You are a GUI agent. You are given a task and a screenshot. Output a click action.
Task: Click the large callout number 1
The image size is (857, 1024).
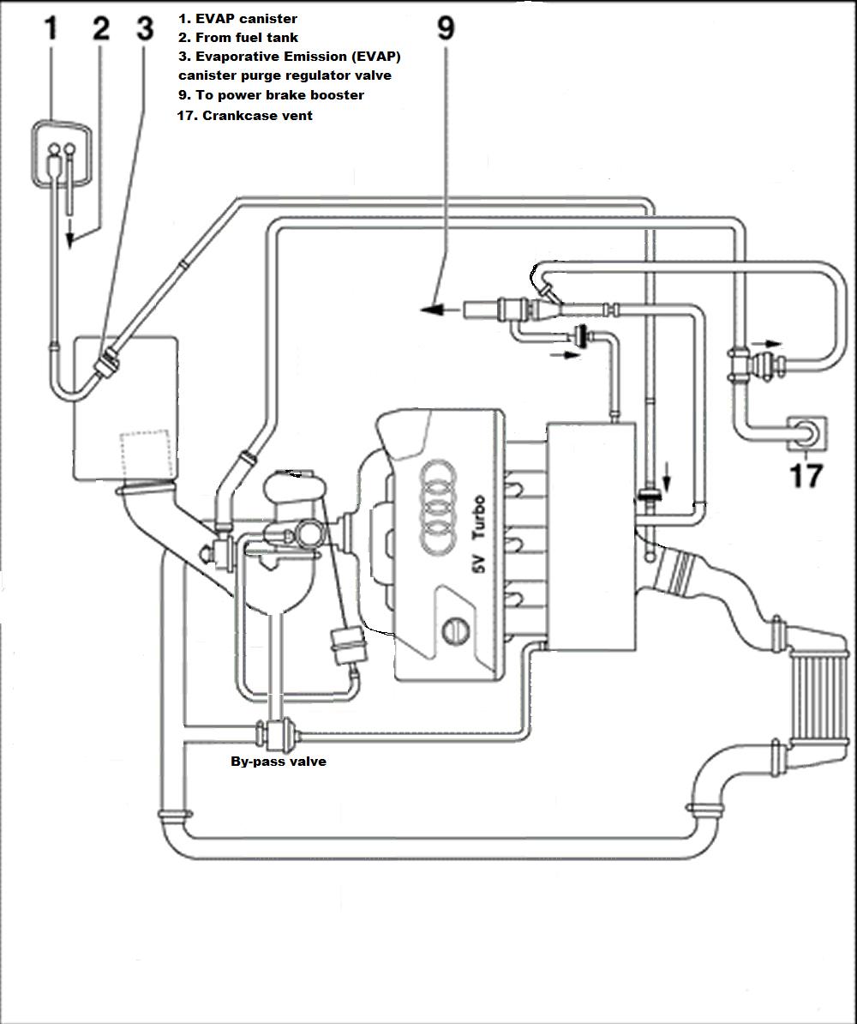click(51, 29)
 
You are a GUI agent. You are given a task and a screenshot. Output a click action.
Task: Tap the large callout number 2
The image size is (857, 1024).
click(101, 29)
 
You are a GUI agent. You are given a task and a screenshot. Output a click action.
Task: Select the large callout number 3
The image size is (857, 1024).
click(145, 29)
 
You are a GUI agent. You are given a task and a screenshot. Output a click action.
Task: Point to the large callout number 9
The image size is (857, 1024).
click(446, 29)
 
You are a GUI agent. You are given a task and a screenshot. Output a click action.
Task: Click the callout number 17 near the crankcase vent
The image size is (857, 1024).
click(806, 475)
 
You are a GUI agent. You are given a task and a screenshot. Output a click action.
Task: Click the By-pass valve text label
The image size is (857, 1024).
click(279, 762)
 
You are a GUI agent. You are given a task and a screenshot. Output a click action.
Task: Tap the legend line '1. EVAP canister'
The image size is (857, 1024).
click(237, 19)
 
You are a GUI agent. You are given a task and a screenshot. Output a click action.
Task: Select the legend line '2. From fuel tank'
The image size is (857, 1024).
click(238, 38)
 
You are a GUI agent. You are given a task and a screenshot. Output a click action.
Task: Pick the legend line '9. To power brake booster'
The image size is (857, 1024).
click(271, 95)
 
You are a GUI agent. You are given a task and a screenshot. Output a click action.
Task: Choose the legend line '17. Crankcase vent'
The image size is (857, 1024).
click(245, 116)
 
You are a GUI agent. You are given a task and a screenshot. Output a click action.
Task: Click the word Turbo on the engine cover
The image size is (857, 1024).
click(479, 516)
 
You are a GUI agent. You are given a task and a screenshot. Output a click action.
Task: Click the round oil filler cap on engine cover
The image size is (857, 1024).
click(456, 631)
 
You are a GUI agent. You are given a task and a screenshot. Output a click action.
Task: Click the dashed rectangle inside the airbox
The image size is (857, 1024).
click(146, 453)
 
